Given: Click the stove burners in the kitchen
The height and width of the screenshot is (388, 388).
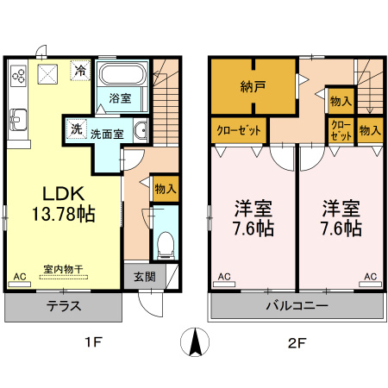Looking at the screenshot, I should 18,76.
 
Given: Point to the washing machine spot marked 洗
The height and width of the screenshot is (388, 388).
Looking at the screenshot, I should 76,130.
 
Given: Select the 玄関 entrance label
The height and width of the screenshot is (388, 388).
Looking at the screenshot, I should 144,277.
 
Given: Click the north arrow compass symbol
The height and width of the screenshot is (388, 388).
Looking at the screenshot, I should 194,342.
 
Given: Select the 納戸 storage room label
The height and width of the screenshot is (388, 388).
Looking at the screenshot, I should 253,87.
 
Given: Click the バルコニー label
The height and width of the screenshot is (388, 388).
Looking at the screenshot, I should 295,305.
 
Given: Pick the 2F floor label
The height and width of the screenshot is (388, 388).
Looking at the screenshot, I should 296,342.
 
